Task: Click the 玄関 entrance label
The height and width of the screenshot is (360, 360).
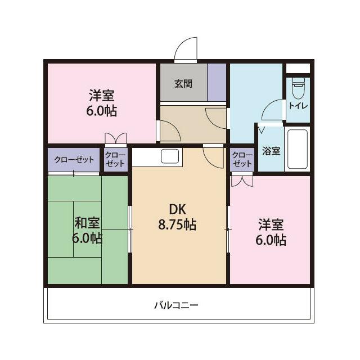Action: (x=183, y=84)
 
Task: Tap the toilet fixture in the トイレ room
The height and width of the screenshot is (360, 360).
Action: (x=298, y=88)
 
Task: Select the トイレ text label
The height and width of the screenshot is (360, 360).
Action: (x=298, y=105)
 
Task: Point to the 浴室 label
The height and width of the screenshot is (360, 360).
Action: (x=271, y=151)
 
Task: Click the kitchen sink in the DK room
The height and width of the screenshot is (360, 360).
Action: (x=170, y=156)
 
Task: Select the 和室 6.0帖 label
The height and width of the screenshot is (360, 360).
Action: (x=87, y=230)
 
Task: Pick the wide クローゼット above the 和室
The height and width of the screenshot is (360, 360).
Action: (x=74, y=160)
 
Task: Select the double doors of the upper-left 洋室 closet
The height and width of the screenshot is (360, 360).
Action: (x=115, y=138)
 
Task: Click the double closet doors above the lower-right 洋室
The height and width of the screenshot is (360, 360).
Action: (x=242, y=181)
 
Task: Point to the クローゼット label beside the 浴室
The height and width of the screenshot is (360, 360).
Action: (x=242, y=159)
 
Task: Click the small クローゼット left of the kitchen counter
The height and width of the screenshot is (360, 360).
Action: (x=115, y=159)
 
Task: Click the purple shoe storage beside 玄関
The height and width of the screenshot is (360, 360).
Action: (x=217, y=82)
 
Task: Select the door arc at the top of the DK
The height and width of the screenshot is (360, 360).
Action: (x=214, y=156)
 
